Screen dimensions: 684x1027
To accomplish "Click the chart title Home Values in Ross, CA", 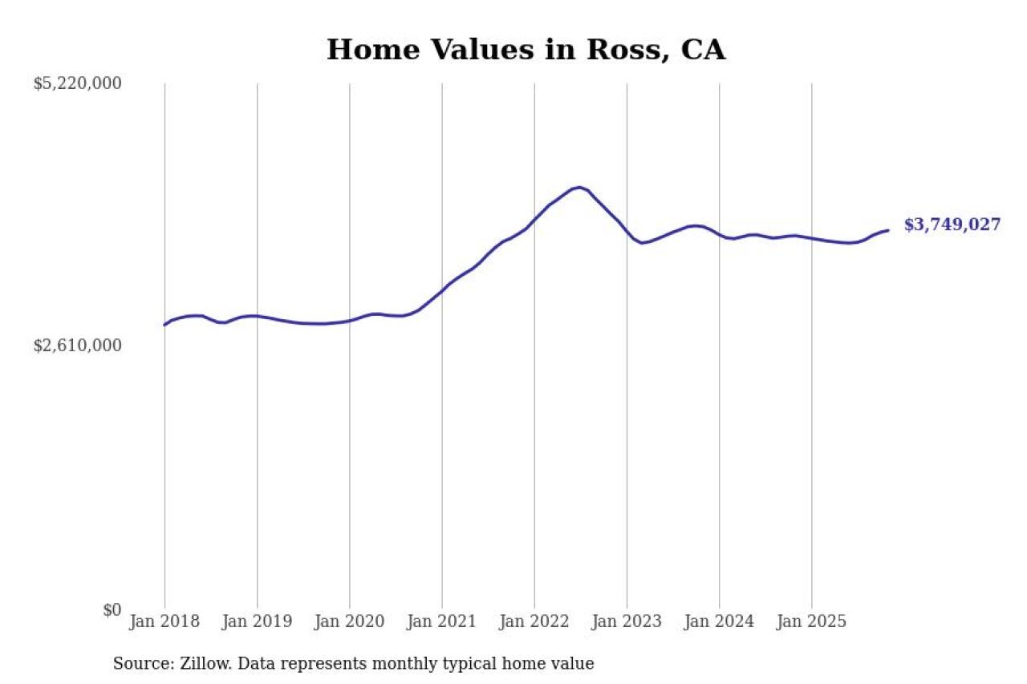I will pos(526,50).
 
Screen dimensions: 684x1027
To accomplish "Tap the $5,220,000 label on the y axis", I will pos(77,83).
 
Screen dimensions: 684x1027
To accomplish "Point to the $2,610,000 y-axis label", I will pos(77,346).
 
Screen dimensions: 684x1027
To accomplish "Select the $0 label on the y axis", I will pos(112,610).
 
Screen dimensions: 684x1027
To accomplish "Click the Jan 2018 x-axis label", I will pos(164,621).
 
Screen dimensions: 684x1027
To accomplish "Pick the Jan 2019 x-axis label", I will pos(257,621).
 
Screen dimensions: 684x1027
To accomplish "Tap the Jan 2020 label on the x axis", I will pos(349,621).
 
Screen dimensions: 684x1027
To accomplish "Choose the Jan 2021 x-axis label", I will pos(441,621).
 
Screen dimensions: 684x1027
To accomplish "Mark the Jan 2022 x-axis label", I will pos(534,621).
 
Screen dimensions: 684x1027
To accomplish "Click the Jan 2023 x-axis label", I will pos(627,621).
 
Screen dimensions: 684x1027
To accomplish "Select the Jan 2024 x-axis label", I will pos(719,621).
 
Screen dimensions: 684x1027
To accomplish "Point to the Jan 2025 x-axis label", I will pos(811,621).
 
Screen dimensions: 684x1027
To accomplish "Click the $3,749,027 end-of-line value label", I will pos(952,225).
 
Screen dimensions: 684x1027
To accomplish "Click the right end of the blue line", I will pos(887,230).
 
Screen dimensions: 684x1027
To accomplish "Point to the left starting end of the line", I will pos(164,325).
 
